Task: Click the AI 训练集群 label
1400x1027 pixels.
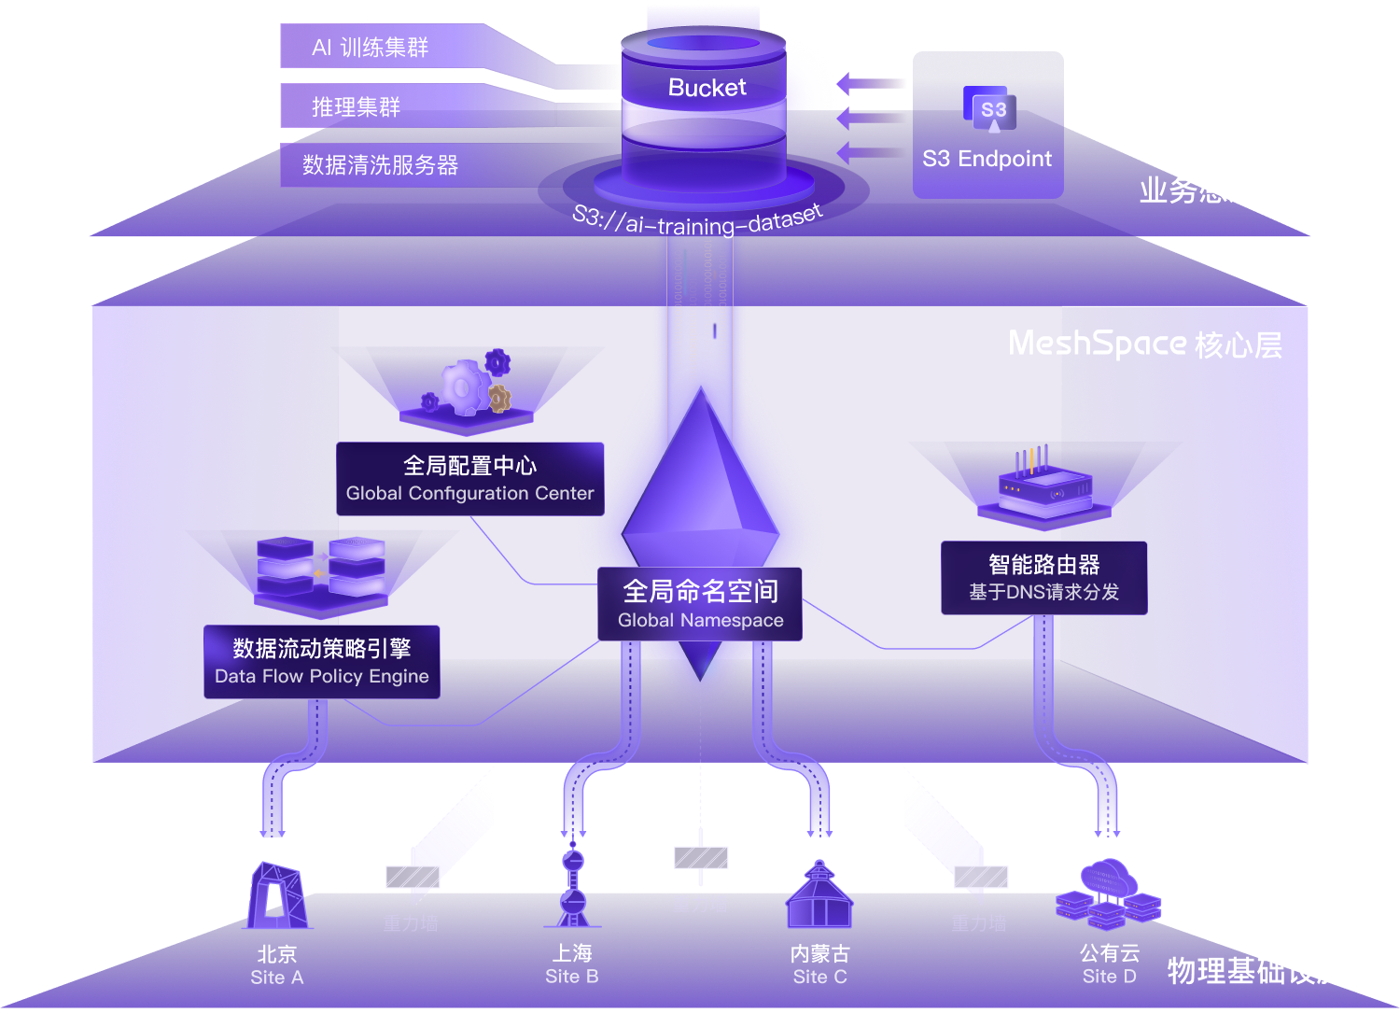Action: (x=371, y=48)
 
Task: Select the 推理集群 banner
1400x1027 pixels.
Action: (x=356, y=106)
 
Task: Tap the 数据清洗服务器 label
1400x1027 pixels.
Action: (x=380, y=165)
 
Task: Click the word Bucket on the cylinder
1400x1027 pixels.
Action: (x=707, y=88)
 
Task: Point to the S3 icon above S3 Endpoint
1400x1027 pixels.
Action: (x=993, y=111)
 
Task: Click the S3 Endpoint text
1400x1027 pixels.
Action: (x=987, y=159)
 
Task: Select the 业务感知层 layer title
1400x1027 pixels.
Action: (x=1212, y=190)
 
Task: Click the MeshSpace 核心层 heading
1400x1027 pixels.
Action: (x=1145, y=345)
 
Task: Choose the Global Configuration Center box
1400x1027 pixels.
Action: (x=469, y=479)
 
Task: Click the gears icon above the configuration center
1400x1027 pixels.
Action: (x=470, y=387)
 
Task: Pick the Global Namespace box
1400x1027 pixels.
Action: (x=700, y=604)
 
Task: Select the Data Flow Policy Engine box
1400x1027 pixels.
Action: (x=322, y=662)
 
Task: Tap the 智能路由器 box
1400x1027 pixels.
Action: (x=1043, y=578)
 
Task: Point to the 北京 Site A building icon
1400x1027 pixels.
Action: (x=276, y=896)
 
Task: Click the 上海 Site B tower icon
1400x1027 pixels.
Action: (x=572, y=887)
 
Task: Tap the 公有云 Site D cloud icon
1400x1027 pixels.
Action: (x=1109, y=894)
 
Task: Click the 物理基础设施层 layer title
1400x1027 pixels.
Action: (x=1270, y=971)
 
